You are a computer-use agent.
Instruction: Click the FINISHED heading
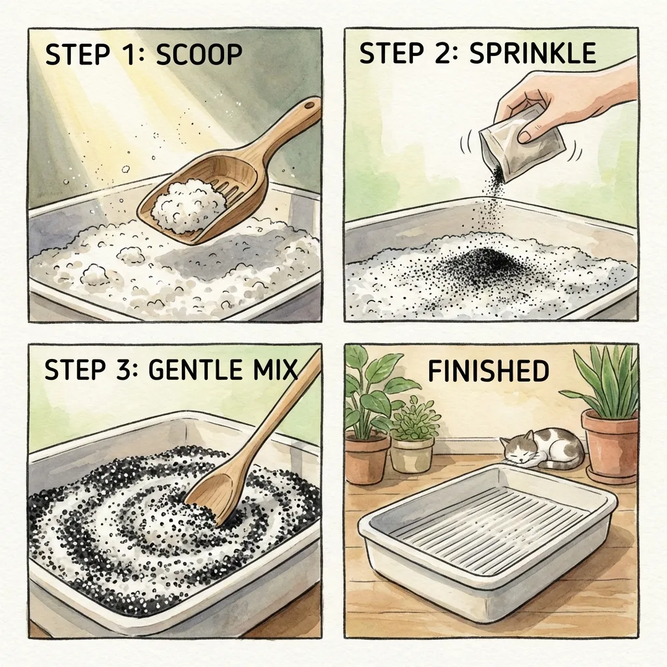point(488,371)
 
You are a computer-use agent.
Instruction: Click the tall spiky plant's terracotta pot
point(610,443)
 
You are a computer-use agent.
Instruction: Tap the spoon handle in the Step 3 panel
point(274,417)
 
